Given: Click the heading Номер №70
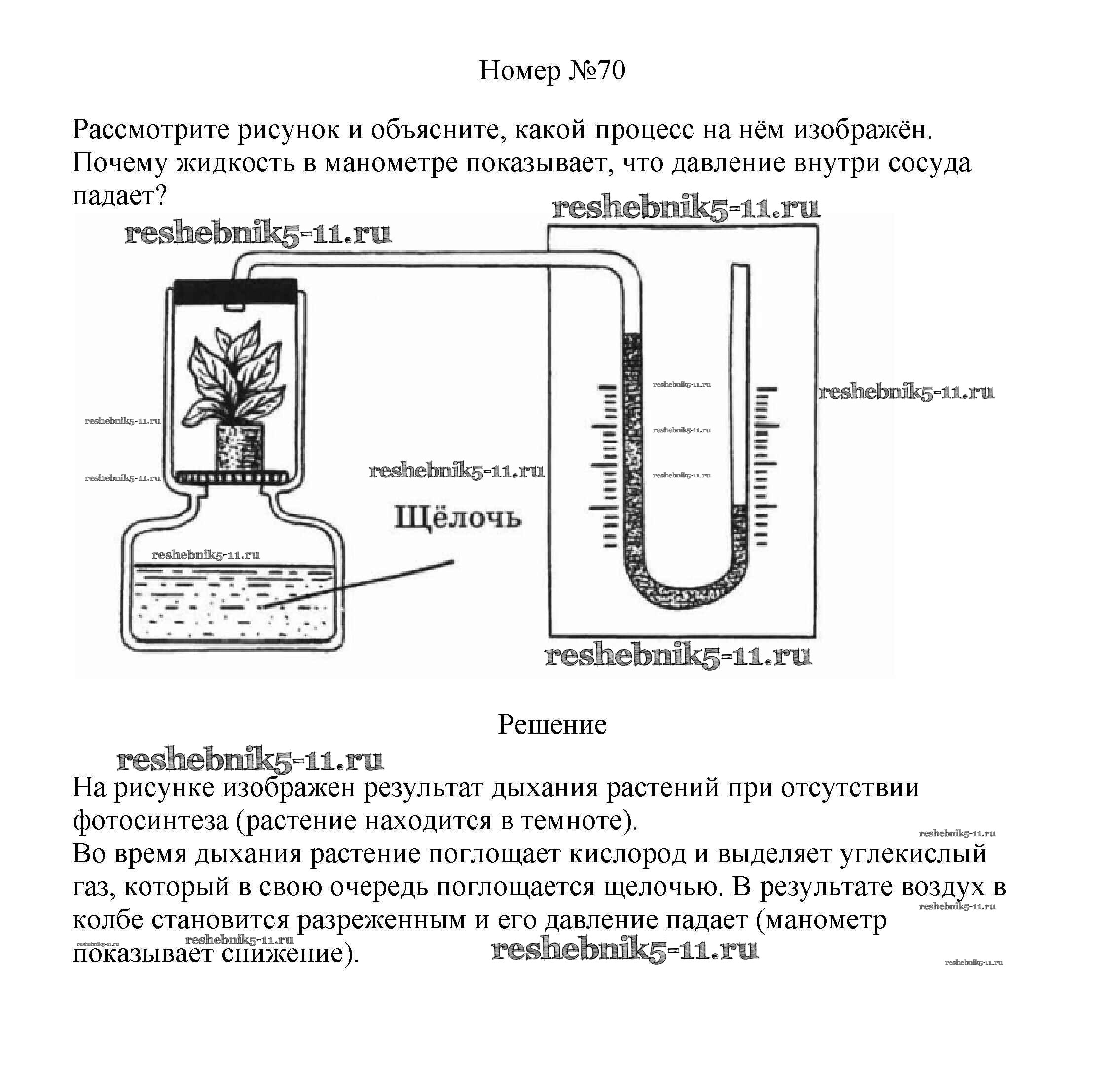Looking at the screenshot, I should pyautogui.click(x=552, y=71).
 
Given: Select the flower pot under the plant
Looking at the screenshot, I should pyautogui.click(x=240, y=448).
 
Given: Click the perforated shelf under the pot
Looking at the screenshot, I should pyautogui.click(x=235, y=477).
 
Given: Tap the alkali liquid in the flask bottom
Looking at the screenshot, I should pyautogui.click(x=232, y=604).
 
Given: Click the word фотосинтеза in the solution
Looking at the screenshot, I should pyautogui.click(x=150, y=821).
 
